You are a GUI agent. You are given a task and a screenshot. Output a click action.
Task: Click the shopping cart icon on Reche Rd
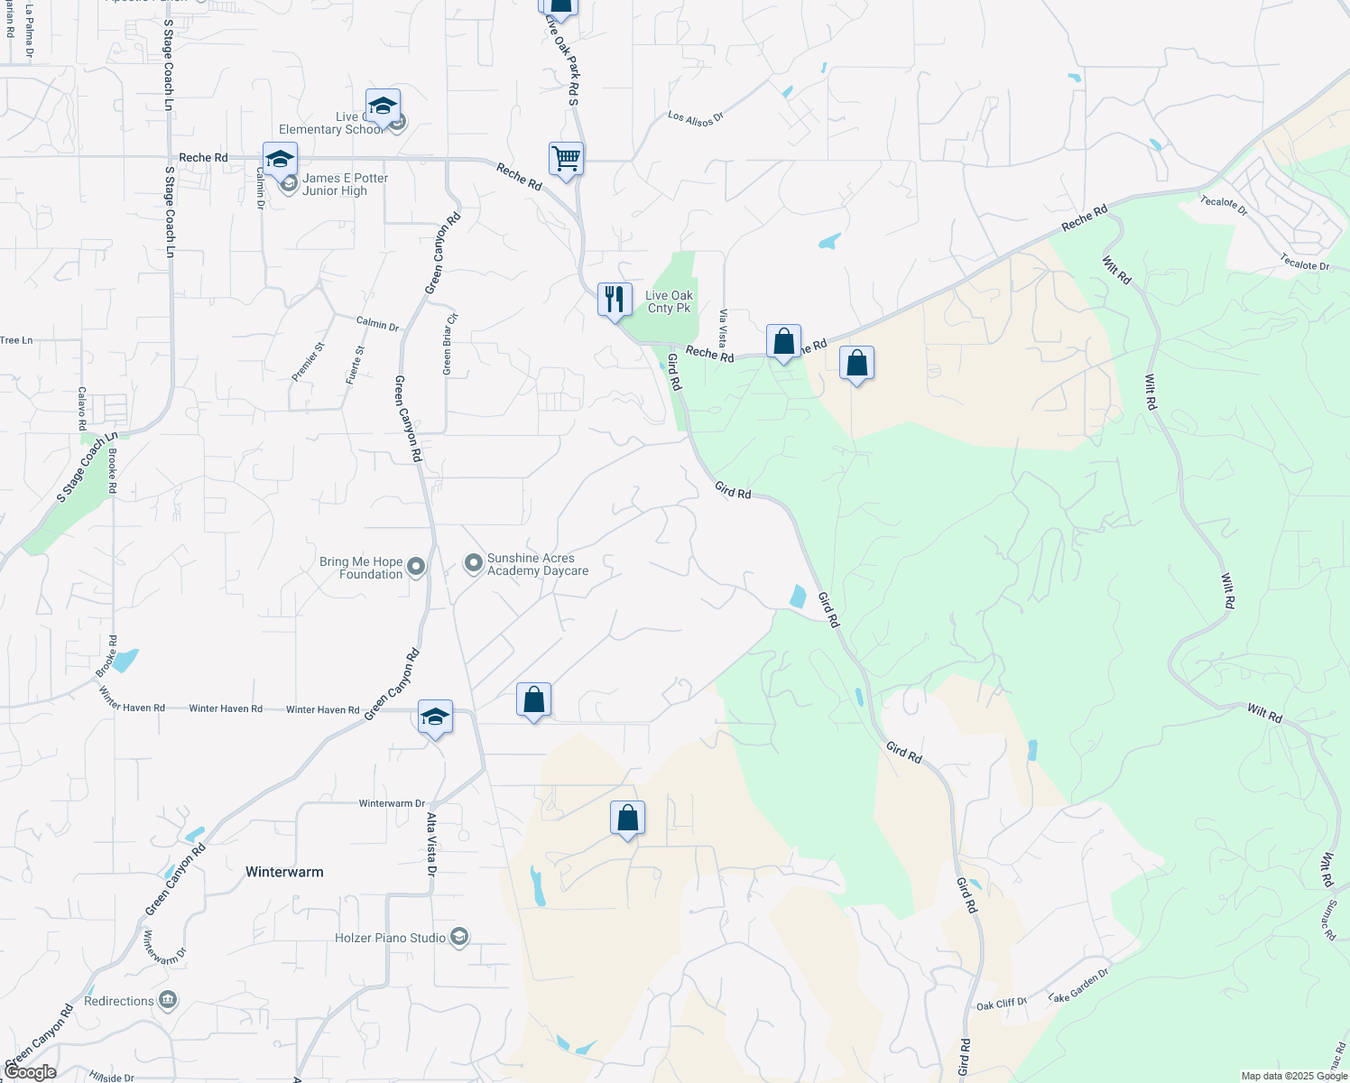coord(566,160)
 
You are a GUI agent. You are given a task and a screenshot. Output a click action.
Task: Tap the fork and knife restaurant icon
coord(615,300)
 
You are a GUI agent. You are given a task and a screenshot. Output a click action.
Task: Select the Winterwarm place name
coord(284,872)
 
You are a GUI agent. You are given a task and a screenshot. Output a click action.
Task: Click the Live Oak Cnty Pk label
coord(669,301)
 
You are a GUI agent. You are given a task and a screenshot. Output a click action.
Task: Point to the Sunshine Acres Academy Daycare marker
coord(474,564)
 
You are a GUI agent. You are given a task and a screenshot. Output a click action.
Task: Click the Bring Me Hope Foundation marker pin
coord(416,568)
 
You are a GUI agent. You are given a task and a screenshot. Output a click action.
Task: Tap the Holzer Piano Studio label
coord(390,938)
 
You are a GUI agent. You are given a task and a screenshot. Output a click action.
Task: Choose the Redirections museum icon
coord(168,1001)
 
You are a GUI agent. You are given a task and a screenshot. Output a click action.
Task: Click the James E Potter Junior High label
coord(345,184)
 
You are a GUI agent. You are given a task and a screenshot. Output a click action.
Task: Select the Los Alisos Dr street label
coord(696,117)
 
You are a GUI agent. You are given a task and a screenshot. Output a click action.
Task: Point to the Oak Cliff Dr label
coord(1002,1004)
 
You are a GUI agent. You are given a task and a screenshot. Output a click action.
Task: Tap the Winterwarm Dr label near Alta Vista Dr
coord(392,803)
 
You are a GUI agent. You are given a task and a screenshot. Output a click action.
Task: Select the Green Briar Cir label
coord(449,344)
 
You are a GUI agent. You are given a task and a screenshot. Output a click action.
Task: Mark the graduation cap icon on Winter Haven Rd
coord(435,717)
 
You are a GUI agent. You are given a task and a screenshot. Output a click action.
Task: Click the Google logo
coord(30,1072)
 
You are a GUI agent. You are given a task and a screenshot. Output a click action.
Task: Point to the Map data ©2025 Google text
coord(1294,1076)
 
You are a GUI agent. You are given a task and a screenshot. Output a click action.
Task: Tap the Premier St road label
coord(307,361)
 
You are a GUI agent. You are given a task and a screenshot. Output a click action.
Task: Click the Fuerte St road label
coord(355,365)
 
